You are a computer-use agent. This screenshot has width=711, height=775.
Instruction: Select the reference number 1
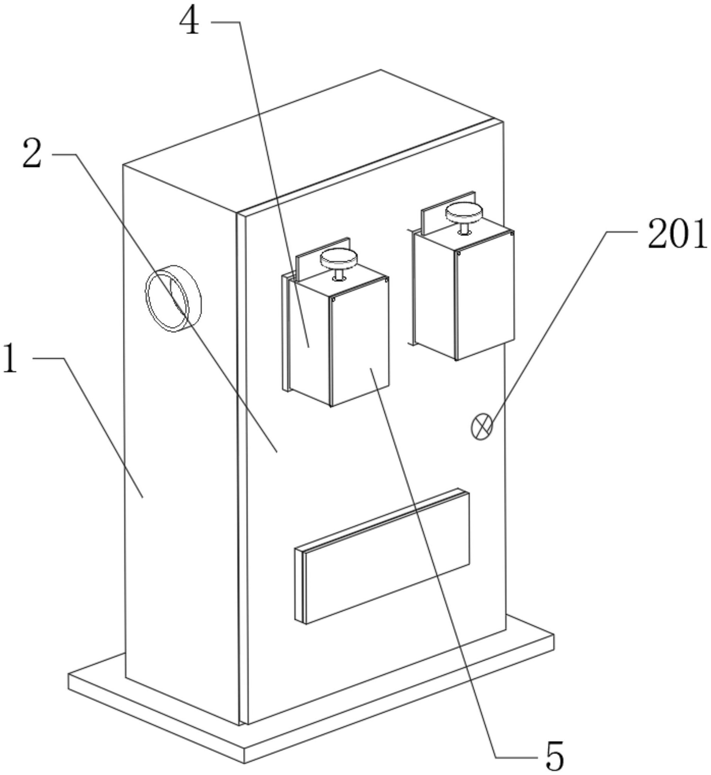(x=10, y=359)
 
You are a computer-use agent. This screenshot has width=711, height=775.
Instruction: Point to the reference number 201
(x=677, y=233)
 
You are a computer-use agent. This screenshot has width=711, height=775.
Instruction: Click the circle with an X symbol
(x=482, y=427)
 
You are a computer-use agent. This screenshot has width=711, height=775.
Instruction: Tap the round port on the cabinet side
(x=173, y=298)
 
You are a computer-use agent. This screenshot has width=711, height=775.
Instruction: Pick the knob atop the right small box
(x=464, y=211)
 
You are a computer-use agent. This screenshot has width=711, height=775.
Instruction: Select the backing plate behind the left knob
(x=308, y=258)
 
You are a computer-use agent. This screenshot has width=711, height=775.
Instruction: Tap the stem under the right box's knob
(x=464, y=228)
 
